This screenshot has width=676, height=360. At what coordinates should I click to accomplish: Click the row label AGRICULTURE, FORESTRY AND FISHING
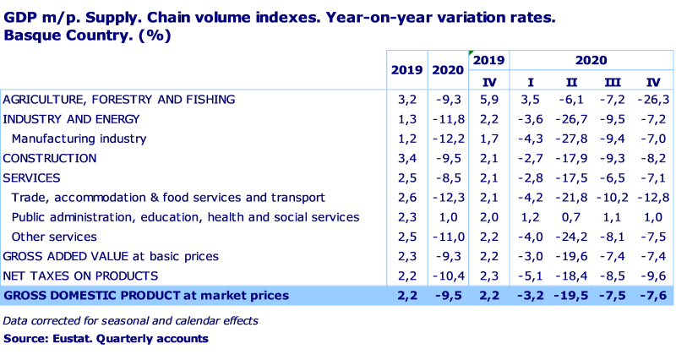point(119,100)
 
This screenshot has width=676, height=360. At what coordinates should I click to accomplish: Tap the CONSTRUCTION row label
point(50,158)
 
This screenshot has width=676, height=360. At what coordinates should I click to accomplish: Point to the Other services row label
point(54,237)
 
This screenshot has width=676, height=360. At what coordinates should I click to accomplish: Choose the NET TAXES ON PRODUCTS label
point(80,275)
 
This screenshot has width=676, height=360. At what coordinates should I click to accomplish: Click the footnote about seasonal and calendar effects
point(130,321)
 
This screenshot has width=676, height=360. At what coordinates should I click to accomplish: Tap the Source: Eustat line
point(106,338)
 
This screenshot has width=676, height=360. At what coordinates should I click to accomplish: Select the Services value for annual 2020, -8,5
point(448,178)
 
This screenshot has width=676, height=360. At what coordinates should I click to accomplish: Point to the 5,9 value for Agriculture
point(488,100)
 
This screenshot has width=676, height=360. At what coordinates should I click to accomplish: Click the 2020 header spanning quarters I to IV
point(591,61)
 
